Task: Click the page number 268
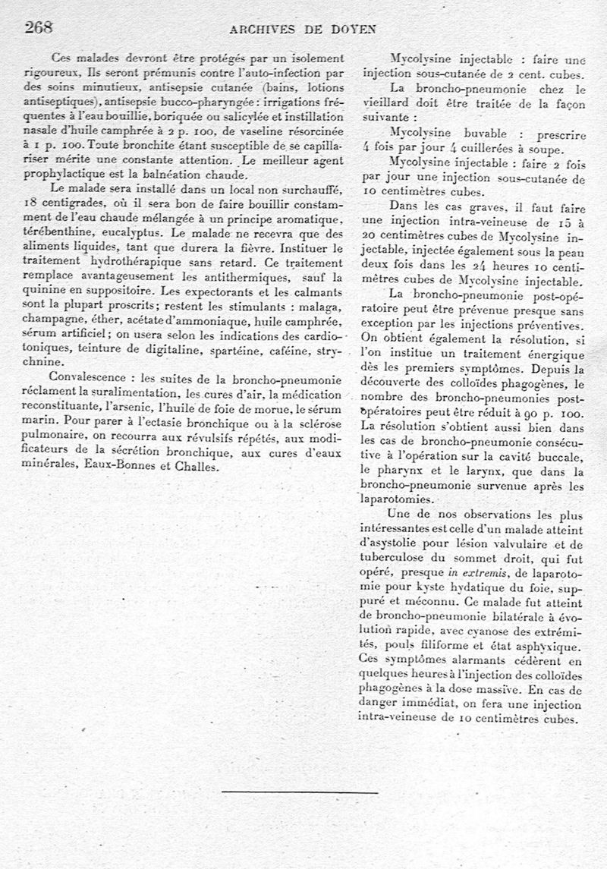(38, 27)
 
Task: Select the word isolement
(311, 58)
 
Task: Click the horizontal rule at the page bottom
(300, 792)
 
